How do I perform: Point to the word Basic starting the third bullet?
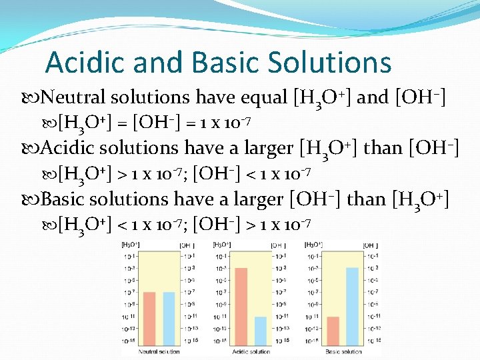(x=62, y=199)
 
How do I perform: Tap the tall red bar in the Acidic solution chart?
(x=241, y=307)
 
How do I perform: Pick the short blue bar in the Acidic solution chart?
(x=261, y=331)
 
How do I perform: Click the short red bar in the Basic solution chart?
(x=333, y=331)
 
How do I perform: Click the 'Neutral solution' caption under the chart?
(x=159, y=351)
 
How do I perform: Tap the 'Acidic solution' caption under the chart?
(x=251, y=351)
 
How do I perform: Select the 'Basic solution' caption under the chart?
(x=343, y=351)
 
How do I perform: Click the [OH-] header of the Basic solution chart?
(x=371, y=245)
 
